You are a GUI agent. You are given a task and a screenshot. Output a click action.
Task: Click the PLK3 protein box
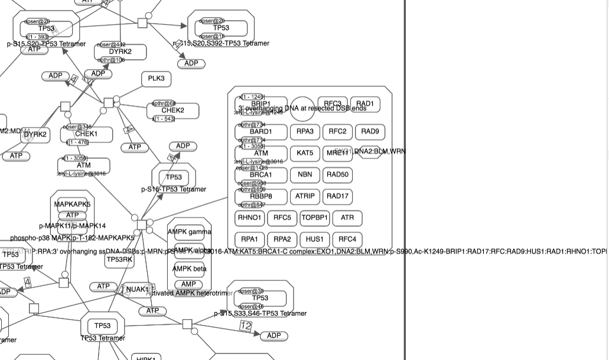(156, 79)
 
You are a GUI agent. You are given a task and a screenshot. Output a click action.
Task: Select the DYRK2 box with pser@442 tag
(120, 52)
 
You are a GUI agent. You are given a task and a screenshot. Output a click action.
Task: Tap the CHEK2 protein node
(172, 111)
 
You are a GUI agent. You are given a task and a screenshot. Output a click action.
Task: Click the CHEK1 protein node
(86, 134)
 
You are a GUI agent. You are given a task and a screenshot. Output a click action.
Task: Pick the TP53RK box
(119, 260)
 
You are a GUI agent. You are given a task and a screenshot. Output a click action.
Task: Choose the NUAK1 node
(137, 290)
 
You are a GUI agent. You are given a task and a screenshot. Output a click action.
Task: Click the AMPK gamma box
(188, 232)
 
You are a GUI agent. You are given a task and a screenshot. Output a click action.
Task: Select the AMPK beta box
(188, 269)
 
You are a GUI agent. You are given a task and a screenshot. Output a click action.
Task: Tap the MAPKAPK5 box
(72, 205)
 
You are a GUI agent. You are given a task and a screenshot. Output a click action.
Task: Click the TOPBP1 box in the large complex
(314, 218)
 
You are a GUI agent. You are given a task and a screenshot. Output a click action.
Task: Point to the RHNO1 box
(249, 218)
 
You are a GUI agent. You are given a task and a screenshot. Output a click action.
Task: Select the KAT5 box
(305, 153)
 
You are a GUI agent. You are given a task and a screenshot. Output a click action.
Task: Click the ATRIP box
(305, 196)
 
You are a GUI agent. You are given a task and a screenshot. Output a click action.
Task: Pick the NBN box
(305, 174)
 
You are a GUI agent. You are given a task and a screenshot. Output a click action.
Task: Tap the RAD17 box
(337, 196)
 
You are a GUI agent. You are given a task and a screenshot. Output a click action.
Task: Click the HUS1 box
(314, 239)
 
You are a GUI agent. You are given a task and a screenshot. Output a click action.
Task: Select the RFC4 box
(347, 239)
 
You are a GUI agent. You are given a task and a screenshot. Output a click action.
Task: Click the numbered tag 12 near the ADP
(246, 326)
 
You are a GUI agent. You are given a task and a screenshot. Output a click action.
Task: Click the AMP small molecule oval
(188, 284)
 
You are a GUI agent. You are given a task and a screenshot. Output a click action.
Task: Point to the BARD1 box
(260, 132)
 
